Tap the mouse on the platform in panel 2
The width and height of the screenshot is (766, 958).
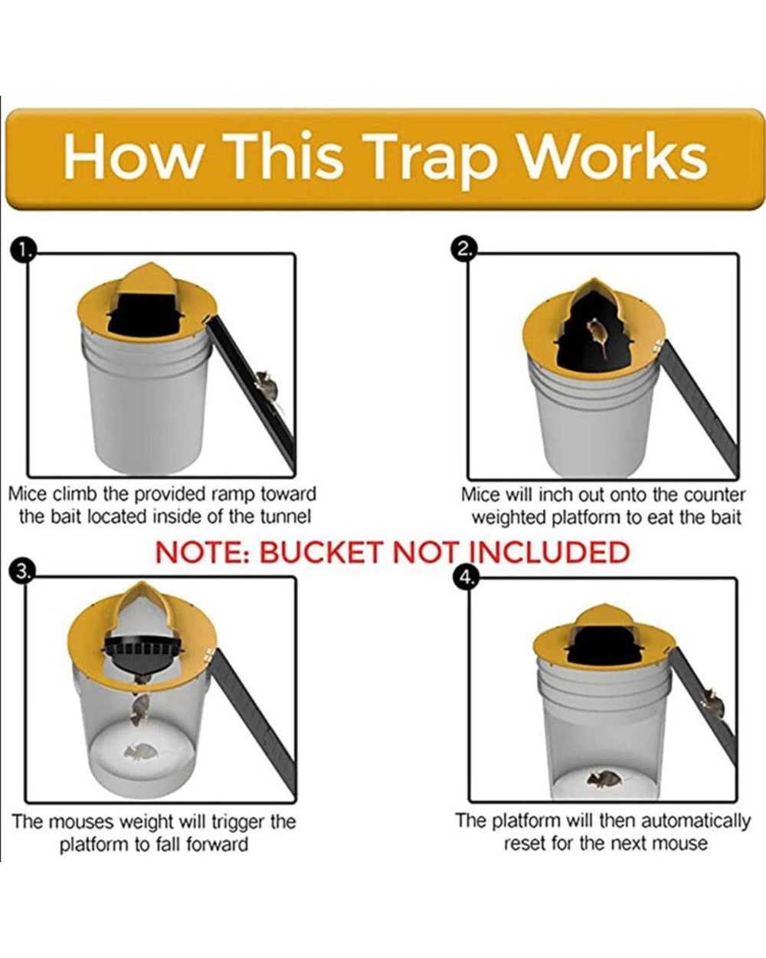[x=596, y=336]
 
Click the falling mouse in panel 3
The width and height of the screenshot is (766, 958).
[x=139, y=709]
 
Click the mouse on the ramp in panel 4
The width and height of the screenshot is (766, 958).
[x=712, y=700]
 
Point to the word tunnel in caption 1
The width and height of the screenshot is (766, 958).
[x=285, y=517]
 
